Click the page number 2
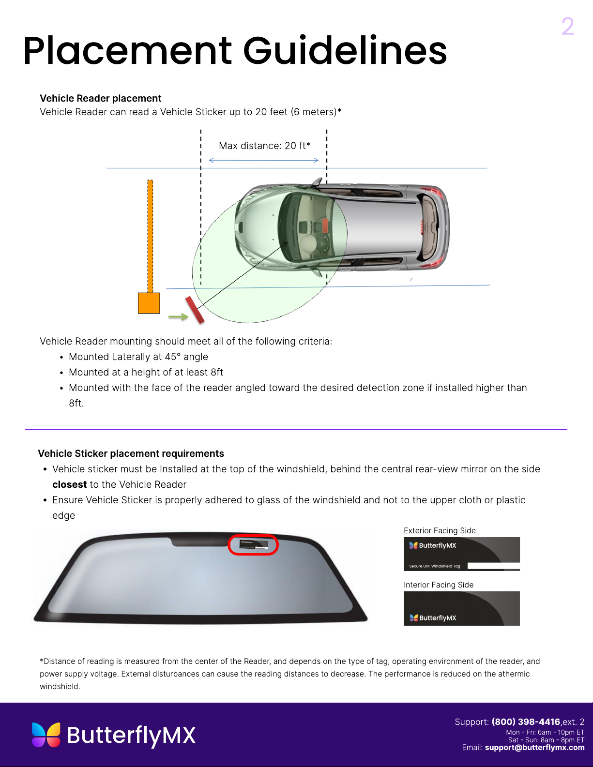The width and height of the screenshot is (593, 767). (567, 26)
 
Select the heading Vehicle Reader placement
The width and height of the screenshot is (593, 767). (100, 98)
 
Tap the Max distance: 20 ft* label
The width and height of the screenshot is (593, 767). (264, 146)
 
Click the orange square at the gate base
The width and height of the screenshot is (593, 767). (149, 303)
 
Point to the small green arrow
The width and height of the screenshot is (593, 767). (178, 316)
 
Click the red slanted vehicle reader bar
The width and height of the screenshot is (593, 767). (195, 310)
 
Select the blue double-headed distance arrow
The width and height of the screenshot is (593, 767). (263, 160)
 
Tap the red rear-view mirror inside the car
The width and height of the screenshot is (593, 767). (325, 226)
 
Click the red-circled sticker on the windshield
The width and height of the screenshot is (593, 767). (253, 545)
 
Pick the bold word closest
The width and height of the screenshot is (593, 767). (69, 484)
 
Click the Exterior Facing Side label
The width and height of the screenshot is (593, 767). (440, 530)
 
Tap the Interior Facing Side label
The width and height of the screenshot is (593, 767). (439, 585)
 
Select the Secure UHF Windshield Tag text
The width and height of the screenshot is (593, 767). (434, 566)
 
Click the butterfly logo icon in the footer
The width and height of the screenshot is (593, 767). (46, 735)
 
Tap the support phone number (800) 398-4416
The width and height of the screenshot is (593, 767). (526, 722)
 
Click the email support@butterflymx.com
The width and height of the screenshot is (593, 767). (534, 747)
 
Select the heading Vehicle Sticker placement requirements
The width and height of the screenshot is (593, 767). (131, 453)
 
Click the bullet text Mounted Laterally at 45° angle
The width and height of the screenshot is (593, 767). (138, 357)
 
